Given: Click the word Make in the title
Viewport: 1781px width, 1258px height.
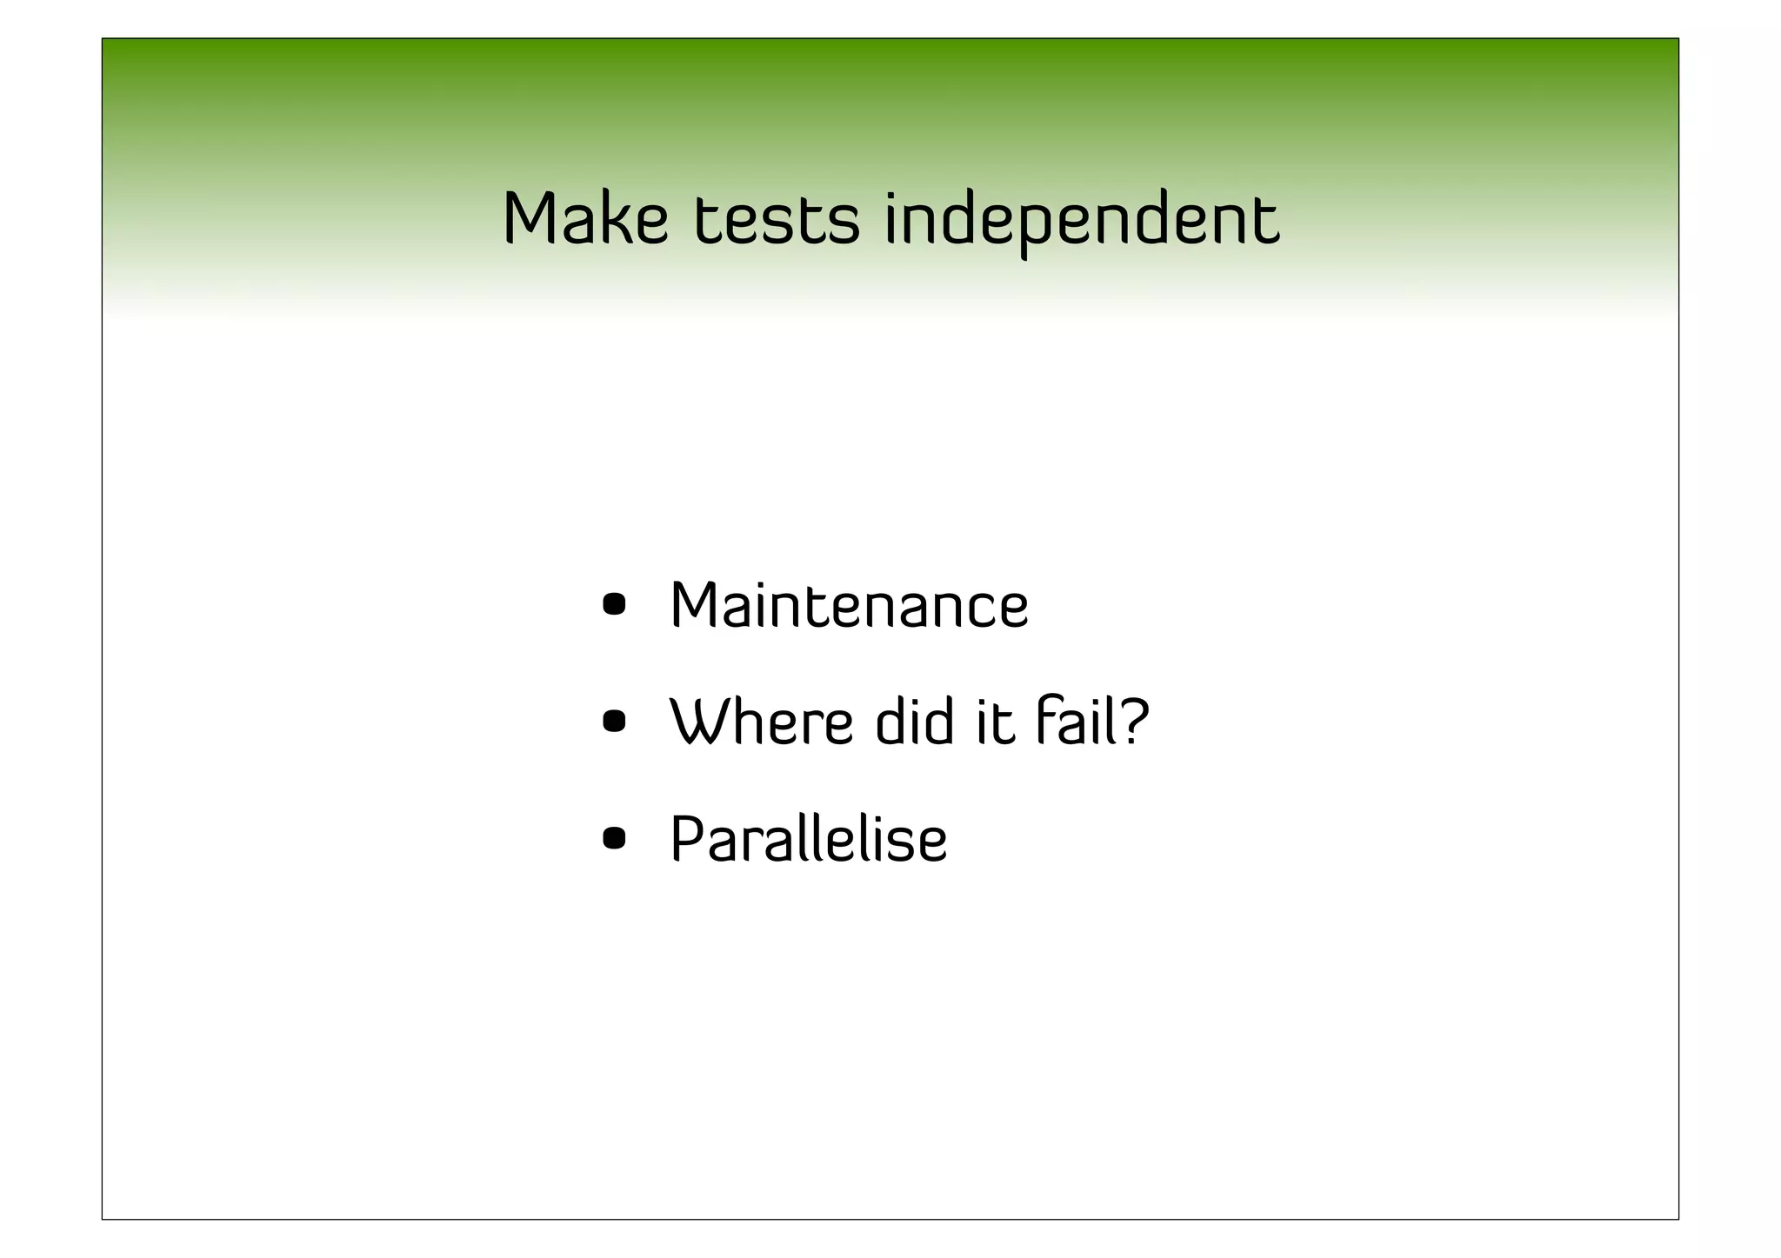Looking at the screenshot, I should click(x=585, y=219).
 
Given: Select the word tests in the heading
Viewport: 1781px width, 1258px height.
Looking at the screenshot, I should click(x=776, y=219).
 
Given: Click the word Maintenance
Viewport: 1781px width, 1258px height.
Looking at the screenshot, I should click(x=849, y=606).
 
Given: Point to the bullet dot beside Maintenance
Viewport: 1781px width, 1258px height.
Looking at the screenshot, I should click(x=614, y=604).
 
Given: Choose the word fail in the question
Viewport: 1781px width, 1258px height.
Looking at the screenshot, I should click(x=1071, y=722).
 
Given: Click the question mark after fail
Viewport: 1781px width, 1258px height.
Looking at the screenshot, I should click(x=1134, y=722).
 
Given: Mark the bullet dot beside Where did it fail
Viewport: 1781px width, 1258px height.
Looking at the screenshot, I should click(x=614, y=722).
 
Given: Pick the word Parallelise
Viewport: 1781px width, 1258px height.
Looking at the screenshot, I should click(x=808, y=840).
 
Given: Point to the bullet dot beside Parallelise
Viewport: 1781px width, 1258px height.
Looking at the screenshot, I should click(x=614, y=839).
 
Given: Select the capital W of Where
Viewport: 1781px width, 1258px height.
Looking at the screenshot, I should click(x=700, y=722).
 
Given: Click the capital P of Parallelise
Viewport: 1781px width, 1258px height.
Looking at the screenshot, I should click(x=685, y=840).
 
